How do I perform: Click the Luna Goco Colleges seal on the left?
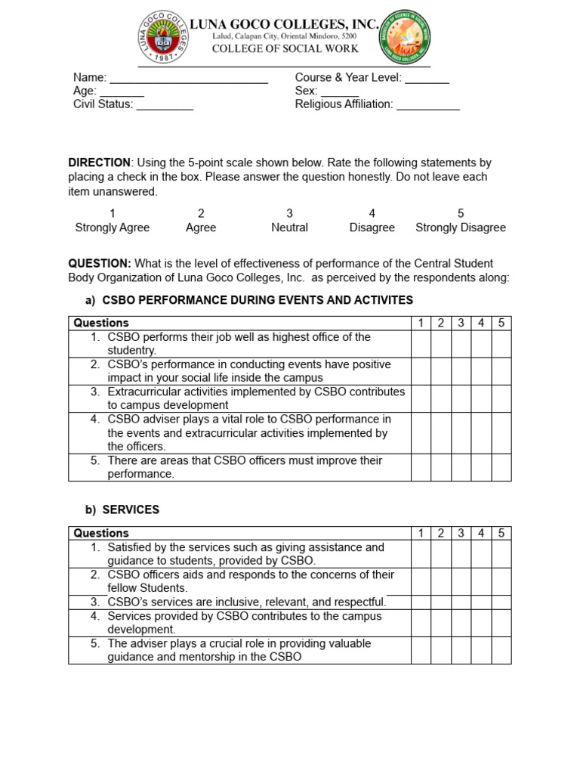(160, 38)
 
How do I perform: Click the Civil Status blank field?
(165, 105)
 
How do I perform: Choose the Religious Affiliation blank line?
(428, 105)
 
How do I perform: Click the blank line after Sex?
(340, 91)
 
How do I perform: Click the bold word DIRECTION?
(100, 163)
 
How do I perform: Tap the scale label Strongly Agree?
(113, 228)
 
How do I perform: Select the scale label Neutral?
(289, 228)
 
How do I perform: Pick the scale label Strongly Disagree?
(461, 228)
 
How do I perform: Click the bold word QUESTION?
(100, 264)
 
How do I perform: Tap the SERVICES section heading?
(131, 510)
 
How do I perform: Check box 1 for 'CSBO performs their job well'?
(421, 344)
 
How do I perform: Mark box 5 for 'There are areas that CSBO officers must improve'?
(501, 467)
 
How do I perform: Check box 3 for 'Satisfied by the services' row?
(461, 554)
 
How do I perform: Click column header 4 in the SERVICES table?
(481, 533)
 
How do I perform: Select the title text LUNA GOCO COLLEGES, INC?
(284, 24)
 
